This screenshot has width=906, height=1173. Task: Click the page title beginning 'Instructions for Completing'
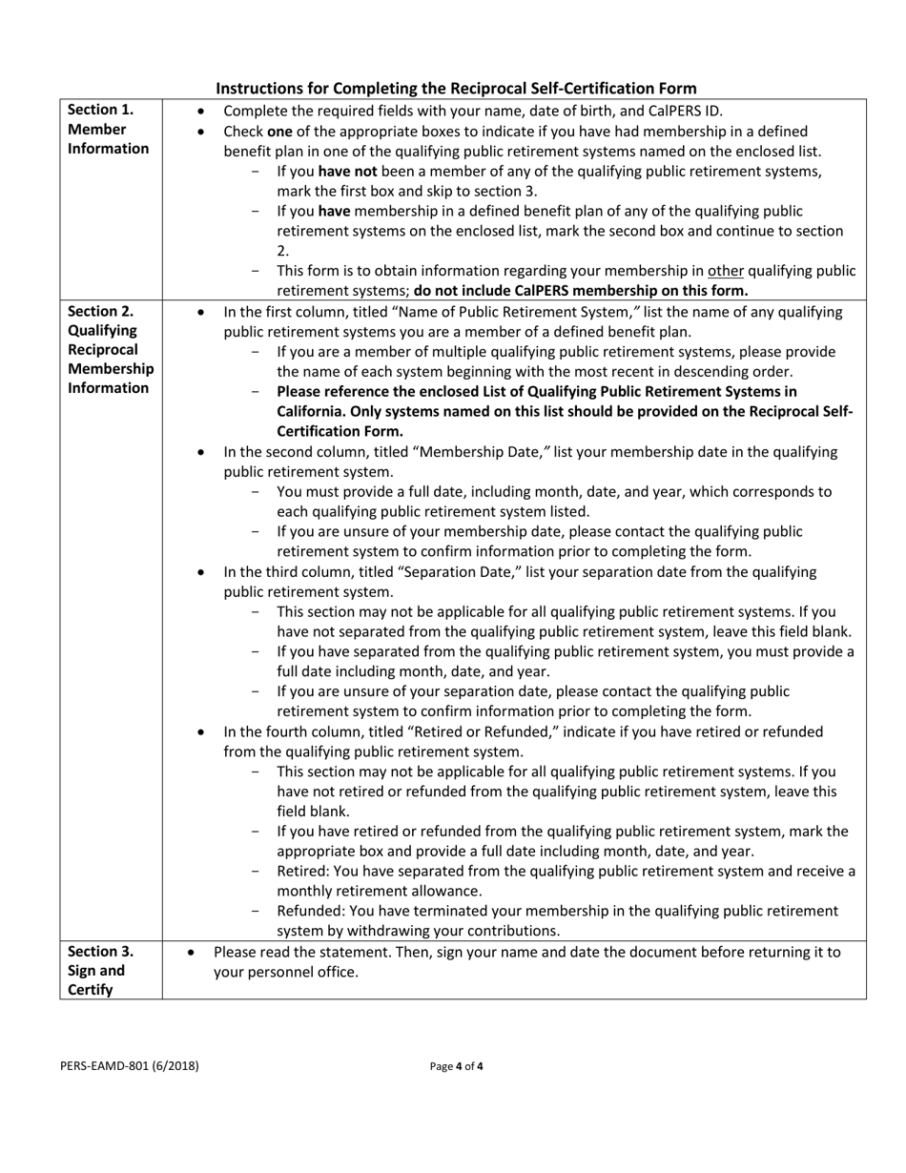(456, 88)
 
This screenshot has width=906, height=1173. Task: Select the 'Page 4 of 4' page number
(457, 1066)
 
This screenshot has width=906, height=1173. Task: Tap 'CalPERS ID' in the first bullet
(684, 111)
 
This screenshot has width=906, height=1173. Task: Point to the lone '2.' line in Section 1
(283, 251)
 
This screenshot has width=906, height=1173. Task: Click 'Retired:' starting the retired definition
(302, 872)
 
